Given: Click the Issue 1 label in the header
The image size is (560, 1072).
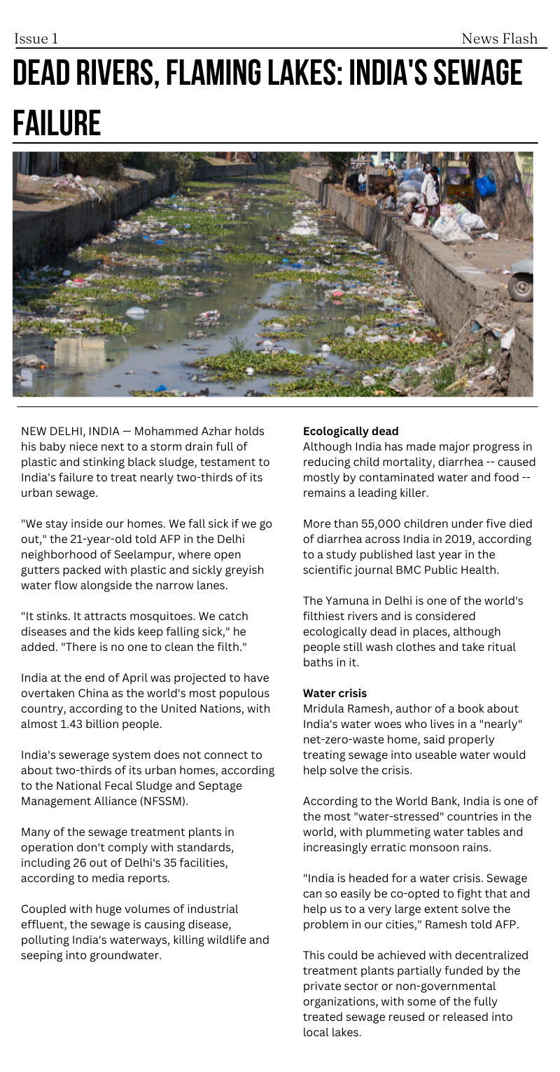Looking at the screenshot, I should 36,39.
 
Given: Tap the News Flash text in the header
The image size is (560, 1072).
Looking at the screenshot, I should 499,39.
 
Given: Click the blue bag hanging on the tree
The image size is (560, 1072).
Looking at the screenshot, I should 485,186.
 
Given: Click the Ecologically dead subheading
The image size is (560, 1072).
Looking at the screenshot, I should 351,431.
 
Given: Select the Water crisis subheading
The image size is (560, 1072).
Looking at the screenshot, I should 335,693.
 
